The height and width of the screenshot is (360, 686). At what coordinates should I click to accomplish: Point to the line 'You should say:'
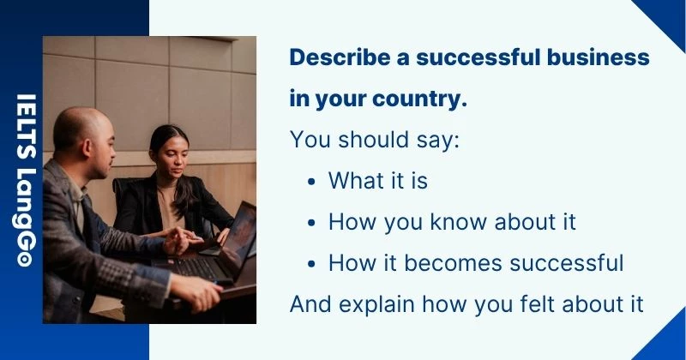pos(376,140)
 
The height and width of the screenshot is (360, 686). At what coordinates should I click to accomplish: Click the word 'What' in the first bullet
pos(354,181)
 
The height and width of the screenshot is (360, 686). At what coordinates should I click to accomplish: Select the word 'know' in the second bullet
pos(461,222)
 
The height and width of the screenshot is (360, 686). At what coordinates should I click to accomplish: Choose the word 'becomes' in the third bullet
pos(445,263)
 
